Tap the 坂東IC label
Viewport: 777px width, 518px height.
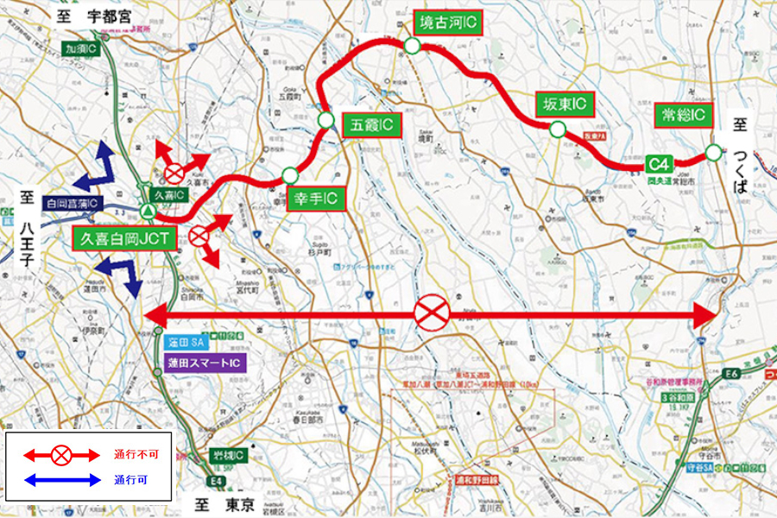pyautogui.click(x=564, y=104)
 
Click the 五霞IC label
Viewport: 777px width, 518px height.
pyautogui.click(x=372, y=125)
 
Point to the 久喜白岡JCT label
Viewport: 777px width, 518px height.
pyautogui.click(x=125, y=239)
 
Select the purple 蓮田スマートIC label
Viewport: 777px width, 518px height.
pyautogui.click(x=206, y=363)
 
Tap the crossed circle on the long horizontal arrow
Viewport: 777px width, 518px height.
pyautogui.click(x=430, y=313)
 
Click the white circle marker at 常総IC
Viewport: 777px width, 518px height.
pyautogui.click(x=712, y=153)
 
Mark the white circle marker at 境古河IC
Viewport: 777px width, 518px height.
pyautogui.click(x=413, y=47)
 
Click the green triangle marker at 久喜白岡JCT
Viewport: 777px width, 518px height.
pyautogui.click(x=148, y=211)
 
